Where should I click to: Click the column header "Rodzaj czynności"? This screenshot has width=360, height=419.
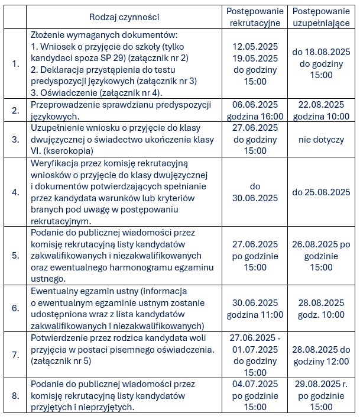(x=124, y=17)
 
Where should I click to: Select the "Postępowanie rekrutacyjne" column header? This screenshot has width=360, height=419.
(x=255, y=17)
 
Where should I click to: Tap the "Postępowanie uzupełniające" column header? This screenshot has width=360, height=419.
(x=321, y=17)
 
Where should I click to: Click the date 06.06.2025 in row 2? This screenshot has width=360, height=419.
(x=255, y=104)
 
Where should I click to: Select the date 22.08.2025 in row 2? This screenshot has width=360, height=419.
(x=321, y=104)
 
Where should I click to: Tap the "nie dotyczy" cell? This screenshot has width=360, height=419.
(x=321, y=140)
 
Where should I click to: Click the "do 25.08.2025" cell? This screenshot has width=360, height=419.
(x=321, y=192)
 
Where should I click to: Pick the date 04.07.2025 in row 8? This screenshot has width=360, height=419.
(x=255, y=384)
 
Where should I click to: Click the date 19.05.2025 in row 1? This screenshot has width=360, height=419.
(x=255, y=58)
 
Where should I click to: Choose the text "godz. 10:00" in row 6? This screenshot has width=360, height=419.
(x=321, y=314)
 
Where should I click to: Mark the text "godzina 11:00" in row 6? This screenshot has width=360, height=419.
(x=255, y=314)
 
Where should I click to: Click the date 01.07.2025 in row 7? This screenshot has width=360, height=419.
(x=255, y=349)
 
